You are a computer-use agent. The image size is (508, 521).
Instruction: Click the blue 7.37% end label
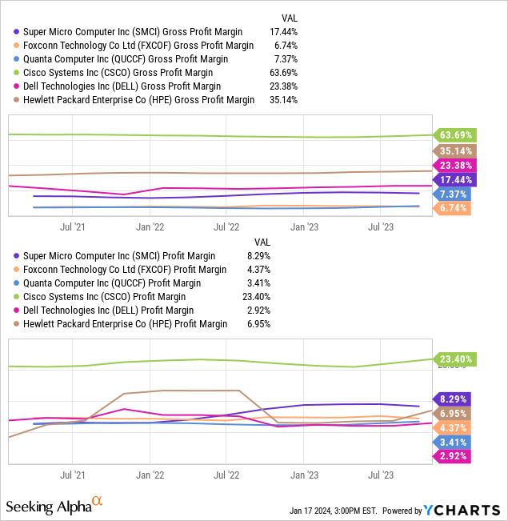453,194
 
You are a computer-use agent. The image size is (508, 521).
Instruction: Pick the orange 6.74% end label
453,208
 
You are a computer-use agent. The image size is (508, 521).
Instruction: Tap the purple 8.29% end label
453,398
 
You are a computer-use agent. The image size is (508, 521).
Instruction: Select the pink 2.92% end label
453,456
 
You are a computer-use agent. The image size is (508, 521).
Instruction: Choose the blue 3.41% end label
453,442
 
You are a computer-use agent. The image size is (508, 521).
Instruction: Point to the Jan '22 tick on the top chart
150,226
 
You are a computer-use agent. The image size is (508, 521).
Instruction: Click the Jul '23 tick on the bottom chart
380,474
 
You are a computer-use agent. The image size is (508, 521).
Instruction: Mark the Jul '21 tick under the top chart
73,226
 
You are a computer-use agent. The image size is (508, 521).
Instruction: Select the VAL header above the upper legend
290,18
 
